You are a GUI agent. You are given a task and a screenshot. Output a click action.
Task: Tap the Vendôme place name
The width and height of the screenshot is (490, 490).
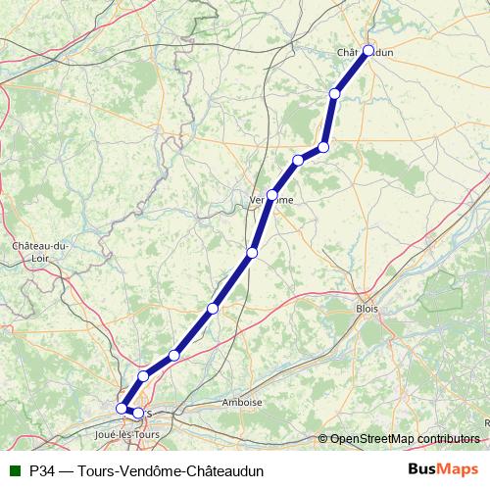click(270, 199)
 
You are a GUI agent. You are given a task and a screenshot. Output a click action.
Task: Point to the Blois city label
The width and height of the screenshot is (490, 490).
click(367, 308)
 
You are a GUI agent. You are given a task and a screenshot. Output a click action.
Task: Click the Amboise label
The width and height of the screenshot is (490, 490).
click(242, 403)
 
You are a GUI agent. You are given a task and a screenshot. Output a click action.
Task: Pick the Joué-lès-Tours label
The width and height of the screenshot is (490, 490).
click(127, 432)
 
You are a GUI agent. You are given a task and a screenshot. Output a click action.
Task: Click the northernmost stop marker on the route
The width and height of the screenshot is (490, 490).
click(368, 50)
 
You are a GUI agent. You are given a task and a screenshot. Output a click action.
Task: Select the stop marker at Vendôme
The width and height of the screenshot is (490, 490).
click(272, 195)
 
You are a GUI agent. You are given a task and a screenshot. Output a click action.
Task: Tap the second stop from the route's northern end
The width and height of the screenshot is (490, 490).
click(335, 94)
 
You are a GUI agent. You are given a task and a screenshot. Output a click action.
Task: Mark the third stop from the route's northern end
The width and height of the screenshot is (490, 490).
click(323, 147)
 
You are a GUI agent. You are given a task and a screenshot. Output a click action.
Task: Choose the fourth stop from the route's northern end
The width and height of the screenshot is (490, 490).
click(298, 160)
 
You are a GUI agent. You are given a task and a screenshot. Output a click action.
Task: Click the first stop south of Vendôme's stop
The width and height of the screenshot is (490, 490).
click(252, 253)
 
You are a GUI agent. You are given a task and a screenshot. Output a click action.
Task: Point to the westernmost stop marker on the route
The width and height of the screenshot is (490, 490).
click(122, 408)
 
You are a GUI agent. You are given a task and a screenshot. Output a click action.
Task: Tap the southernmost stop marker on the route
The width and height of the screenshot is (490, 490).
click(137, 413)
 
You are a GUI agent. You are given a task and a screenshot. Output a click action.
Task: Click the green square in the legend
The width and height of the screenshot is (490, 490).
click(14, 469)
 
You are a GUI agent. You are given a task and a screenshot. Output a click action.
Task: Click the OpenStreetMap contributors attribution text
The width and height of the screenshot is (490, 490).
click(405, 438)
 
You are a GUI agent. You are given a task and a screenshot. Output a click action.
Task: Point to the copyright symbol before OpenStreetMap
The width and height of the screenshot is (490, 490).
click(323, 438)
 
